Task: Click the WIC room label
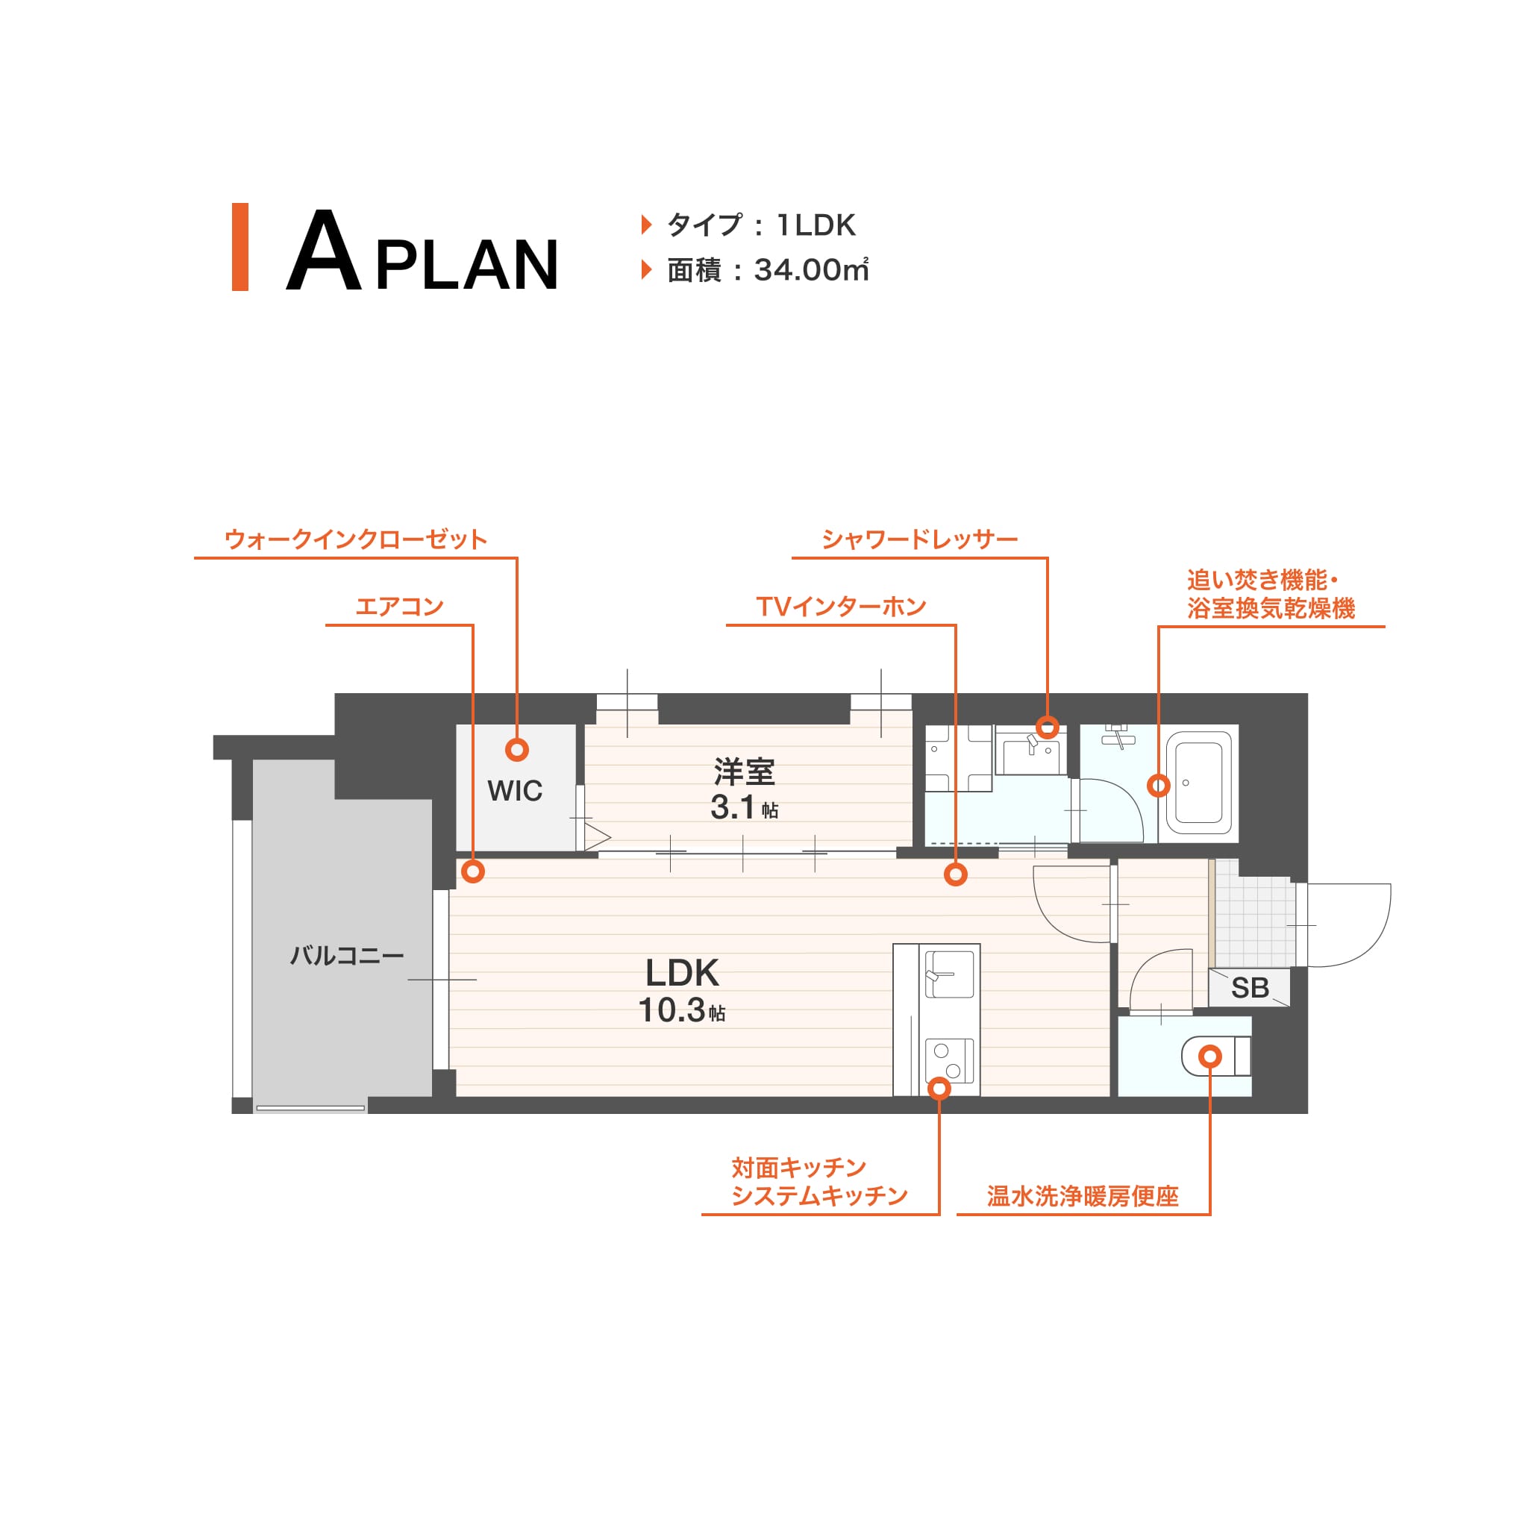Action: [515, 791]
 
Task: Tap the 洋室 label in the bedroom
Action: [744, 771]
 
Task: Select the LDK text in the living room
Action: [681, 972]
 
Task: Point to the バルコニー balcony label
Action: [347, 955]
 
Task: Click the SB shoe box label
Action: [1249, 988]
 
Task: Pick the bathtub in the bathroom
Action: [1199, 783]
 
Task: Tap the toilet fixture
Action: [1216, 1057]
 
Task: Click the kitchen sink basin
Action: [949, 974]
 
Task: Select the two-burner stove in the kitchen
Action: [949, 1061]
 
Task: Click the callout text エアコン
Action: [399, 607]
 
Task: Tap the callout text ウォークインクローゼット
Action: [355, 539]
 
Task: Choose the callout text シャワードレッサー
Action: [920, 539]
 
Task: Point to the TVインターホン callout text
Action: [841, 607]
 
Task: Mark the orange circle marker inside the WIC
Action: [517, 749]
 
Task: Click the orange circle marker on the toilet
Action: [1210, 1057]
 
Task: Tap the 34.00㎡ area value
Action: [810, 269]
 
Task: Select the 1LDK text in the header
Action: [816, 225]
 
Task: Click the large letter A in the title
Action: [324, 249]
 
